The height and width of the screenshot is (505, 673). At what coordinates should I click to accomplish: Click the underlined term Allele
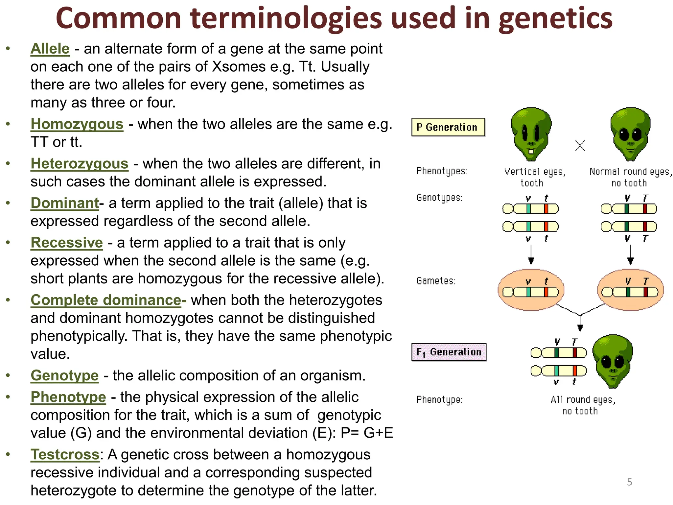[x=50, y=49]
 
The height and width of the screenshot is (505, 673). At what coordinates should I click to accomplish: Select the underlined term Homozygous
[x=77, y=124]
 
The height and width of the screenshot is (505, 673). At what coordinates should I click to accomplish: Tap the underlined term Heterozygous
[x=79, y=164]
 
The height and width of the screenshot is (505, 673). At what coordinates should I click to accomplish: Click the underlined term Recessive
[x=67, y=243]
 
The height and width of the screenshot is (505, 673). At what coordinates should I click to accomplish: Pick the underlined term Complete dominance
[x=106, y=300]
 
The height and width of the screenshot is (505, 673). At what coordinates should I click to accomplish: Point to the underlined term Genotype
[x=64, y=375]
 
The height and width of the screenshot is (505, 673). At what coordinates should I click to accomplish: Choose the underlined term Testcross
[x=65, y=455]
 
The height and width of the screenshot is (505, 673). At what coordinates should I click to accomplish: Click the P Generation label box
[x=448, y=127]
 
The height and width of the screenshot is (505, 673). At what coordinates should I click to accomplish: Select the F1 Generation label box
[x=449, y=352]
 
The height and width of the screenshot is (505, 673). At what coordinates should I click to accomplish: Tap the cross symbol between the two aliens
[x=580, y=146]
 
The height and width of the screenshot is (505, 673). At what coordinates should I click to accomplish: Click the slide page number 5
[x=629, y=482]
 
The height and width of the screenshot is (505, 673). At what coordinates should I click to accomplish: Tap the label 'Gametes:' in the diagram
[x=436, y=281]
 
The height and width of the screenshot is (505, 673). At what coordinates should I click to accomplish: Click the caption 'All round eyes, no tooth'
[x=583, y=405]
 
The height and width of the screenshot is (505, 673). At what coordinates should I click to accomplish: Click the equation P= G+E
[x=367, y=433]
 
